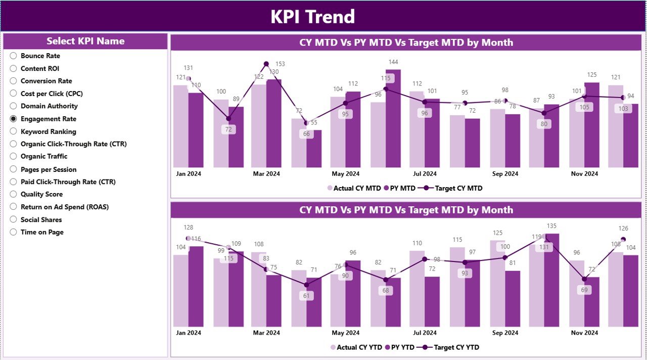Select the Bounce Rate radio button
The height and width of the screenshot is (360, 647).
[x=14, y=56]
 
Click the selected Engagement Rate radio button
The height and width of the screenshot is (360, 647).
[x=14, y=119]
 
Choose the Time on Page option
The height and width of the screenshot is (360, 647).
[x=14, y=232]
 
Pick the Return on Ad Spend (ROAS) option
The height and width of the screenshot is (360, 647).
[x=14, y=207]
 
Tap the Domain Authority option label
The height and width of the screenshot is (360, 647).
[x=49, y=106]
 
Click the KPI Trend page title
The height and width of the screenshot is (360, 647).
[x=312, y=17]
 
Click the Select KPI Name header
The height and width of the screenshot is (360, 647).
[x=85, y=41]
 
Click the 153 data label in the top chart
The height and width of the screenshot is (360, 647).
[x=280, y=64]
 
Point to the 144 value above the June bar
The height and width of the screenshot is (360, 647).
[x=393, y=62]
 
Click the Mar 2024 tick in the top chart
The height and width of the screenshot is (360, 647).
[x=266, y=174]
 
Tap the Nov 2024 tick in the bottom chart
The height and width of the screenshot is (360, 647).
[x=584, y=333]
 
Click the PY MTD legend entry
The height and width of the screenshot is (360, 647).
[x=399, y=188]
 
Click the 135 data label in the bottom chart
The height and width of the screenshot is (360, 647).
[x=552, y=226]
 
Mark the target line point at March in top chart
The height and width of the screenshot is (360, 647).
[x=266, y=64]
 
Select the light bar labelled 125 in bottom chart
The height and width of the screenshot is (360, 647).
[x=497, y=283]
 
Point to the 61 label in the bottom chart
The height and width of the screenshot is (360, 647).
[x=306, y=296]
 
